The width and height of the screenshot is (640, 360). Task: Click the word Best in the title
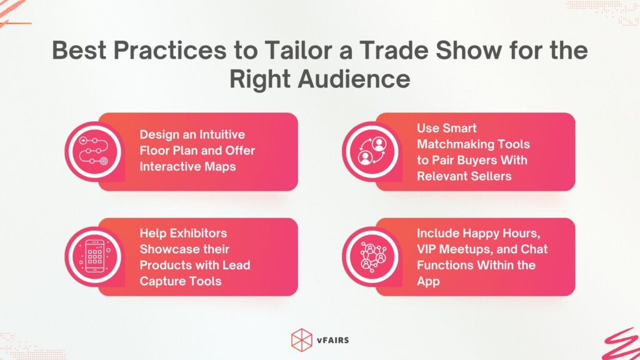point(77,51)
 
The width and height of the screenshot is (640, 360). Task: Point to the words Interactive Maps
point(188,167)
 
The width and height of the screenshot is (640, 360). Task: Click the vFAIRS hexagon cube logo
point(302,338)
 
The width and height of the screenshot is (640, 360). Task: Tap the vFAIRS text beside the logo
point(333,338)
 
